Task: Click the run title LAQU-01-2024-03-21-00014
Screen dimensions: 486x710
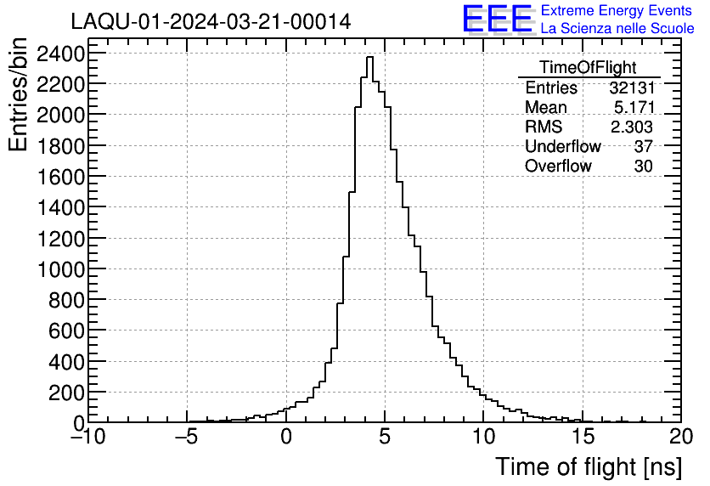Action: pos(211,21)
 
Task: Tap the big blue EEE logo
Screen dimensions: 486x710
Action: pos(497,19)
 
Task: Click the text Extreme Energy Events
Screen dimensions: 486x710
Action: pos(617,11)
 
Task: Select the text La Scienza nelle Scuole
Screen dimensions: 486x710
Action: pos(617,28)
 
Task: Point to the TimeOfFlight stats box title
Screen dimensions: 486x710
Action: pos(588,68)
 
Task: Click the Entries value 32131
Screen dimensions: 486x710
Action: pos(631,88)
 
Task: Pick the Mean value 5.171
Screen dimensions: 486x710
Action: pos(634,108)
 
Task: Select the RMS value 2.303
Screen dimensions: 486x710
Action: pos(632,127)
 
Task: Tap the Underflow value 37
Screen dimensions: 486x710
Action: pos(643,147)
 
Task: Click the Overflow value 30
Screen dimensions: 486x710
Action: pos(643,167)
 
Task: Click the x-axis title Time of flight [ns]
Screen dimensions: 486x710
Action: pos(587,466)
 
